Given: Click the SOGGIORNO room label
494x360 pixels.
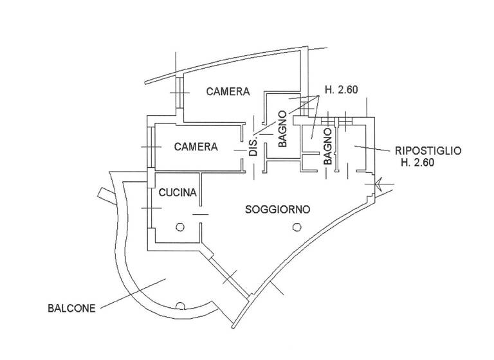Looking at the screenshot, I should click(x=279, y=209).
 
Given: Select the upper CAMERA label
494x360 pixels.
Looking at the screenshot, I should click(x=228, y=92).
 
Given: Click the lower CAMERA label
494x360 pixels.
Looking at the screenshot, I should click(x=196, y=147).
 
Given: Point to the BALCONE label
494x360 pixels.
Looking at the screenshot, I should click(x=71, y=308).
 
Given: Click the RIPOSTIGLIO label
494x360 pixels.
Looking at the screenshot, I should click(x=428, y=151).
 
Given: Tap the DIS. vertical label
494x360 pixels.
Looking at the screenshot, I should click(x=253, y=147).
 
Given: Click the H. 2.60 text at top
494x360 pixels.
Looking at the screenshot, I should click(x=341, y=90).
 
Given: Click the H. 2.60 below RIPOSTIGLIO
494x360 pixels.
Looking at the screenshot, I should click(x=418, y=163).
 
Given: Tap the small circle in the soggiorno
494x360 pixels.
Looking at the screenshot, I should click(x=296, y=226).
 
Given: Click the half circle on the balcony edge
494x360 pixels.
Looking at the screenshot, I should click(x=180, y=305).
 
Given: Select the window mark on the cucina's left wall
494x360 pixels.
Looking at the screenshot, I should click(x=151, y=209).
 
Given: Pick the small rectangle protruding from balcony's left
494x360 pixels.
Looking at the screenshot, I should click(x=105, y=194).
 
